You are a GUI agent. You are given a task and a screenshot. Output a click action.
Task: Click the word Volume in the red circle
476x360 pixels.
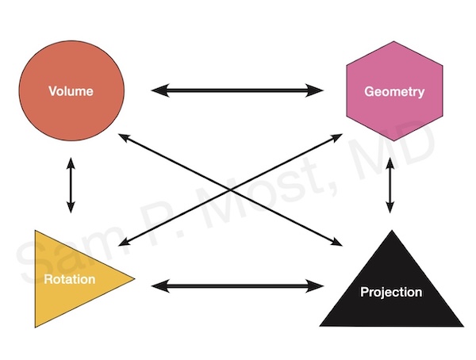point(71,91)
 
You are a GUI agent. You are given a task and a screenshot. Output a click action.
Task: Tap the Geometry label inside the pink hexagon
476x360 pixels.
point(393,91)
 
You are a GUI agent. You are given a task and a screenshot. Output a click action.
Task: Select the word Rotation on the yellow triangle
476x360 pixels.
point(70,279)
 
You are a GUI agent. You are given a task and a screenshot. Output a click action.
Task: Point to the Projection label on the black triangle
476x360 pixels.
point(390,292)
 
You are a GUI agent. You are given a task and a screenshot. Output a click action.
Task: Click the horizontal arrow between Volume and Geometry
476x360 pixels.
point(237,91)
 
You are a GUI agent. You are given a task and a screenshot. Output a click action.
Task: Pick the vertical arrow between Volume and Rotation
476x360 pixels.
point(71,186)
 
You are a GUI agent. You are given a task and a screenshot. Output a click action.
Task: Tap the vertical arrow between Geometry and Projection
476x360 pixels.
point(390,186)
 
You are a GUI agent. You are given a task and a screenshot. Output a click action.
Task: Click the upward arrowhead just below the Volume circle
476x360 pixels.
point(71,163)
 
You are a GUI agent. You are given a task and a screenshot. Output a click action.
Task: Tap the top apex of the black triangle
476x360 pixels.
point(390,232)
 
